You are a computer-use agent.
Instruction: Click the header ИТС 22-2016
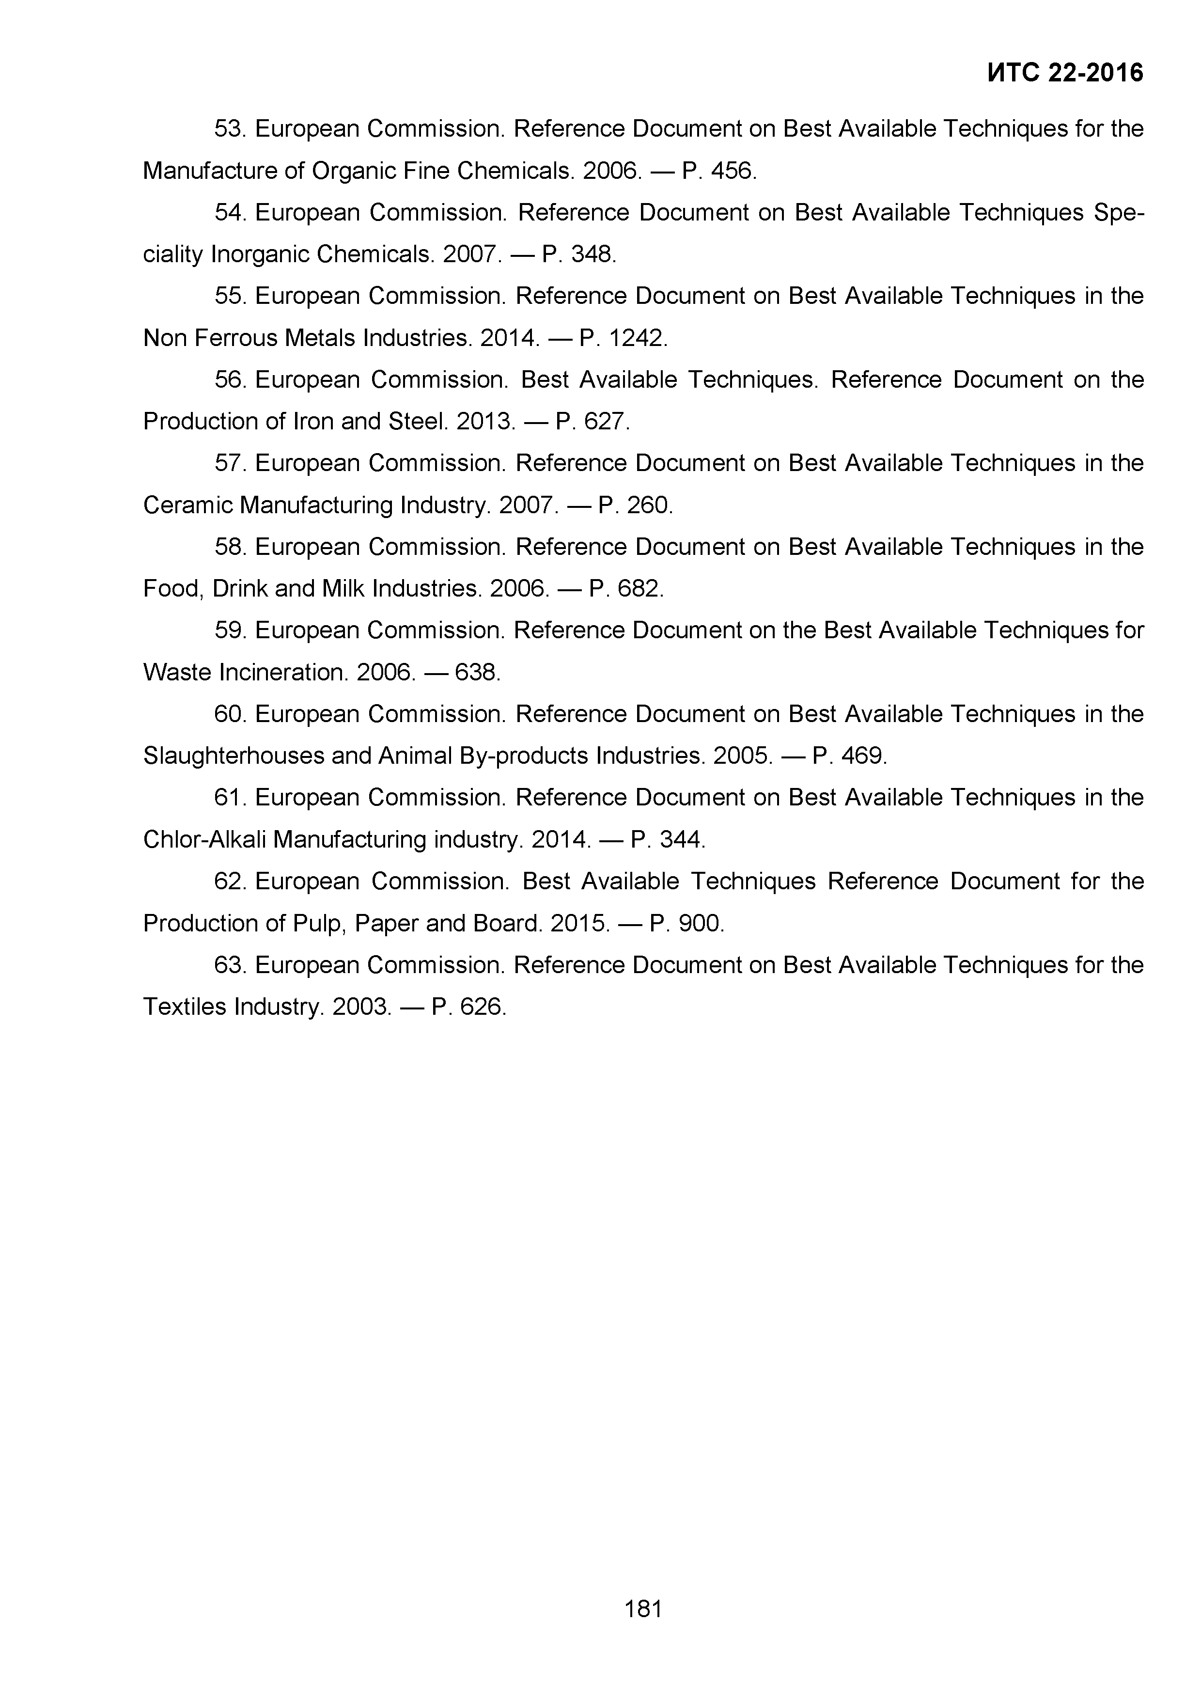(x=1065, y=73)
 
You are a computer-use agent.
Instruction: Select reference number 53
(x=229, y=129)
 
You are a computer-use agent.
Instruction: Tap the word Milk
(x=344, y=589)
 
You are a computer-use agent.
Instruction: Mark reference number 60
(x=229, y=714)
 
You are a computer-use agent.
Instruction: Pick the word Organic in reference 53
(x=353, y=171)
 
